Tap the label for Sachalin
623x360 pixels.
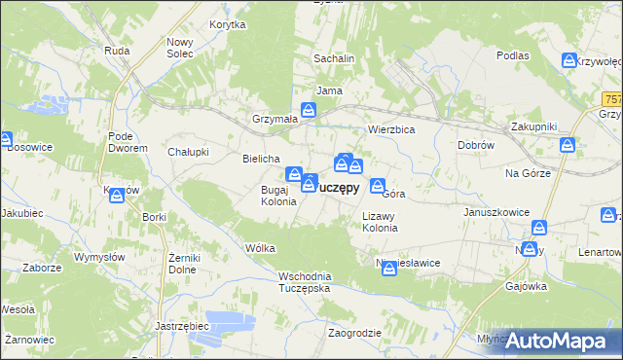pos(333,58)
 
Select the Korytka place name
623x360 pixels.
pos(227,25)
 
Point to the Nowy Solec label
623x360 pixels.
pos(181,48)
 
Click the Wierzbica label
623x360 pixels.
pos(391,129)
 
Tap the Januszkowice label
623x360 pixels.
pos(494,210)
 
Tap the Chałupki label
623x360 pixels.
pos(189,151)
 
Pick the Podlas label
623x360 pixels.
pos(512,55)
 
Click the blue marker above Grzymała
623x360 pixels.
pos(309,111)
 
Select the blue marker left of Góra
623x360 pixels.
pos(377,187)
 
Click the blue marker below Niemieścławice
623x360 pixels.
pos(388,270)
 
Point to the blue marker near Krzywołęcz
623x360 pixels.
pos(569,61)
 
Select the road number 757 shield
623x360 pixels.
pos(612,99)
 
